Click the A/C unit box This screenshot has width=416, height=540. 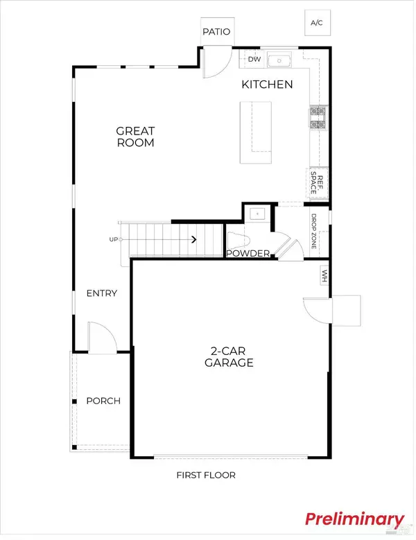pyautogui.click(x=317, y=23)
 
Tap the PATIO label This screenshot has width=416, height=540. pyautogui.click(x=216, y=32)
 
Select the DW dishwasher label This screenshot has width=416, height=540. pyautogui.click(x=254, y=60)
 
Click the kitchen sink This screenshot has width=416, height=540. pyautogui.click(x=281, y=60)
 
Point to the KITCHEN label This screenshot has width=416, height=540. pyautogui.click(x=267, y=85)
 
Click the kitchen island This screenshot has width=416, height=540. pyautogui.click(x=255, y=128)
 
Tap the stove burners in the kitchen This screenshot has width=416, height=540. pyautogui.click(x=318, y=118)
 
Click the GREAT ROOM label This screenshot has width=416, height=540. pyautogui.click(x=135, y=137)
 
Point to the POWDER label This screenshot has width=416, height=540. pyautogui.click(x=248, y=254)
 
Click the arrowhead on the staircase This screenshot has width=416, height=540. pyautogui.click(x=194, y=240)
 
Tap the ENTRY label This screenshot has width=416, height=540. pyautogui.click(x=101, y=293)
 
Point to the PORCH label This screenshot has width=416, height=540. pyautogui.click(x=103, y=401)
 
